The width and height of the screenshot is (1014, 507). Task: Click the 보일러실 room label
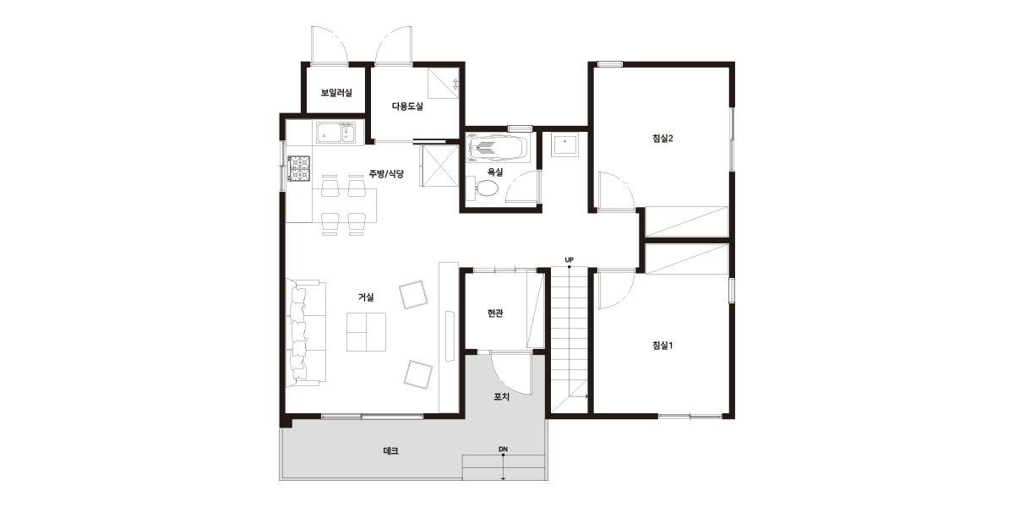tap(336, 93)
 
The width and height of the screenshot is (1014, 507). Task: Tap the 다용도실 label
tap(407, 106)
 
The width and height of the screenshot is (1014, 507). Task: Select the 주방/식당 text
tap(386, 174)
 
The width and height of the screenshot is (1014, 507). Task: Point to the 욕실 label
tap(495, 172)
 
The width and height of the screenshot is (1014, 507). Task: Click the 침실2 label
tap(662, 139)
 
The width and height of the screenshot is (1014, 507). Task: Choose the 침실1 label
tap(662, 346)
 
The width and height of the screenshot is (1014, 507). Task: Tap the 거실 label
tap(366, 297)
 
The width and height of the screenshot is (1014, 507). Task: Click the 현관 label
tap(495, 313)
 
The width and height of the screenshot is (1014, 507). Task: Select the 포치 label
tap(502, 397)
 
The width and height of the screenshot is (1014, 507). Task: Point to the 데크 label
tap(391, 451)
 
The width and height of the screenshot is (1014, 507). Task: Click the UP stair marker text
tap(569, 260)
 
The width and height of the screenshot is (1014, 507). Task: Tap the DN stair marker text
tap(503, 449)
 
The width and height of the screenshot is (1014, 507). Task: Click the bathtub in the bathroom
tap(498, 147)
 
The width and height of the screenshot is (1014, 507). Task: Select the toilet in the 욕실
tap(482, 188)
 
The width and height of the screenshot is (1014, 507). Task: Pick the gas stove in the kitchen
tap(299, 169)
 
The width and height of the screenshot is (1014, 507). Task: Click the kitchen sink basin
tap(336, 133)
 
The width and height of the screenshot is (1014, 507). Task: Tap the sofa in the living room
tap(306, 333)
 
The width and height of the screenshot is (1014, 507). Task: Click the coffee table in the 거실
tap(366, 332)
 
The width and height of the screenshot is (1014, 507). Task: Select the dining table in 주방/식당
tap(344, 205)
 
